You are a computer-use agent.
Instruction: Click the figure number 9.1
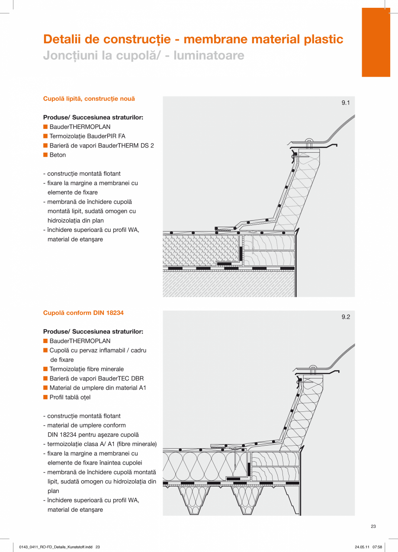(345, 103)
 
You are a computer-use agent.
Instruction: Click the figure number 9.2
(345, 317)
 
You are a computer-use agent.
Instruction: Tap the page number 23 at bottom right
(373, 526)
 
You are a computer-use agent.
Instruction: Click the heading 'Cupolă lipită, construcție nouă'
(89, 99)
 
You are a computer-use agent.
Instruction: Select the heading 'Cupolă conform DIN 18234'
(83, 313)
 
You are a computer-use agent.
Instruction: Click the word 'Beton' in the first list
(58, 155)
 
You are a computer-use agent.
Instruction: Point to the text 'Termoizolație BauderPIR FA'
(87, 136)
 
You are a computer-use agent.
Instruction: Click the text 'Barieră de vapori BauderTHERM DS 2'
(101, 146)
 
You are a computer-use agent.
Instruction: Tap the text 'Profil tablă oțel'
(70, 397)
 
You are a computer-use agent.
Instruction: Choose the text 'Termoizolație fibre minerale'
(87, 369)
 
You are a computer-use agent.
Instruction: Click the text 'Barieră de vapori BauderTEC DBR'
(96, 379)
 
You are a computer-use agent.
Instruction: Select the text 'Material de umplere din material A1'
(98, 388)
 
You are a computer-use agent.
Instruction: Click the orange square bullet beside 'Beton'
(45, 155)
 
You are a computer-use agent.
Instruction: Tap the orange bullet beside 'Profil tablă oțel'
(45, 397)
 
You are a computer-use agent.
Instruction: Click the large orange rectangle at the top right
(376, 42)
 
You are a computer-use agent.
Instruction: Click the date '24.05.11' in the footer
(362, 547)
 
